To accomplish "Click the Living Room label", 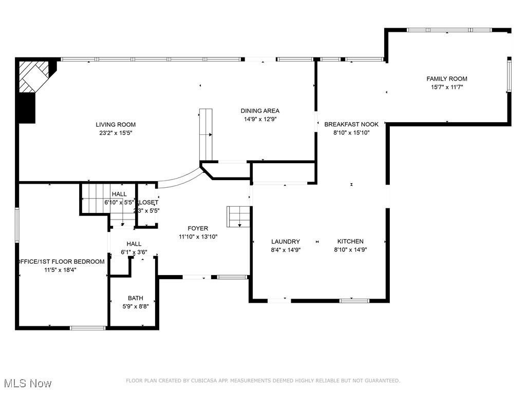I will pos(116,125).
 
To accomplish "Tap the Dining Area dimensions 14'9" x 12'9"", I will pos(260,119).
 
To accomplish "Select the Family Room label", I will pos(447,79).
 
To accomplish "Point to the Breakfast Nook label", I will pos(351,125).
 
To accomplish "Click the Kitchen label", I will pos(350,242).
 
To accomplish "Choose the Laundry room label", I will pos(286,242).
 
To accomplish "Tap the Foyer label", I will pos(198,228).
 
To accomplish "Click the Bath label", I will pos(136,298).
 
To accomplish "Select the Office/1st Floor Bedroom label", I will pos(61,262).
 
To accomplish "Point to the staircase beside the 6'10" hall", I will pos(95,198).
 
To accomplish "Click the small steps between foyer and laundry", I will pos(238,215).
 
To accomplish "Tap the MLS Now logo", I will pos(28,383).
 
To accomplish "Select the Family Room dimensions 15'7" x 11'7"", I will pos(447,87).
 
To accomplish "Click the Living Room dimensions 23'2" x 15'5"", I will pos(116,133).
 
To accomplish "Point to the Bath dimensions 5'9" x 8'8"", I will pos(136,306).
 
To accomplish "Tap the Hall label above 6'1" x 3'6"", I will pos(134,244).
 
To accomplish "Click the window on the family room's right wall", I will pos(509,76).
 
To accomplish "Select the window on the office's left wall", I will pos(17,225).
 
